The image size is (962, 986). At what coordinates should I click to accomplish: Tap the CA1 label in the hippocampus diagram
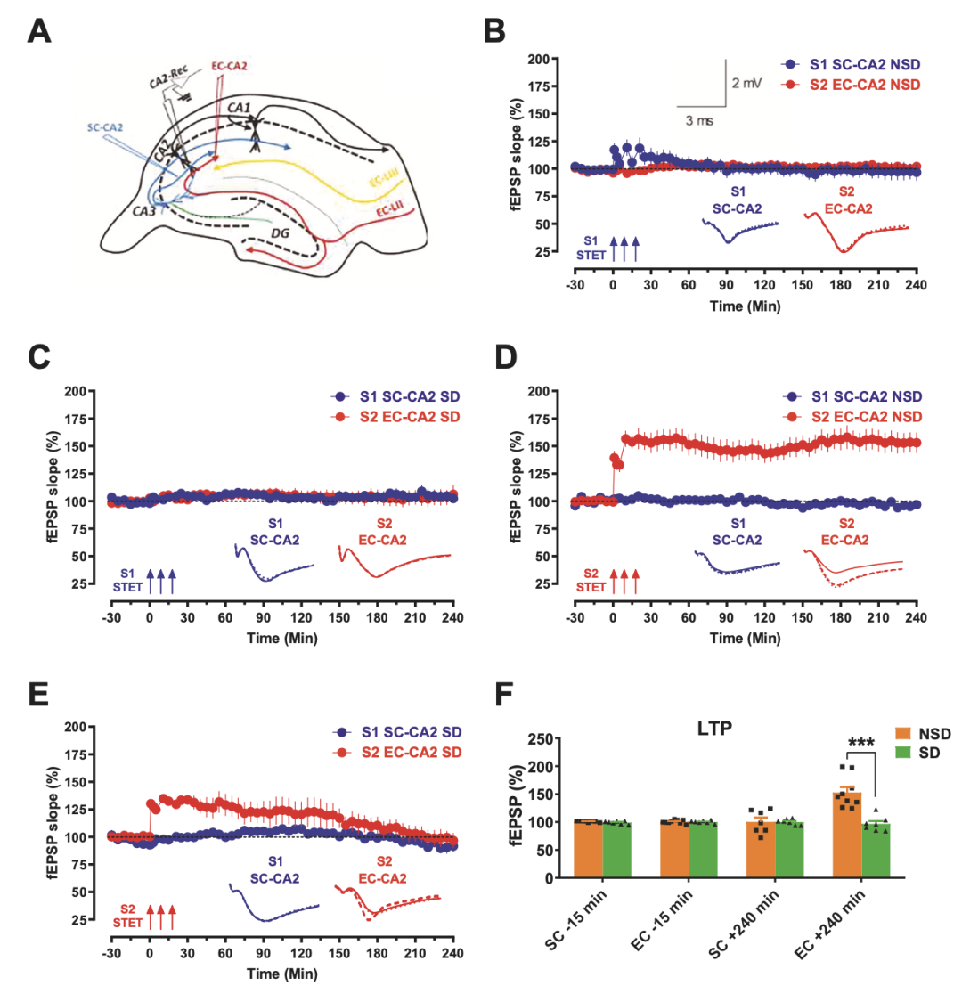coord(239,108)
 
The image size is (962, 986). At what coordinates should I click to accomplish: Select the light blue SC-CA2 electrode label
coord(105,126)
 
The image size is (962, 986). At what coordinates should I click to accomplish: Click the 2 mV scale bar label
coord(747,83)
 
